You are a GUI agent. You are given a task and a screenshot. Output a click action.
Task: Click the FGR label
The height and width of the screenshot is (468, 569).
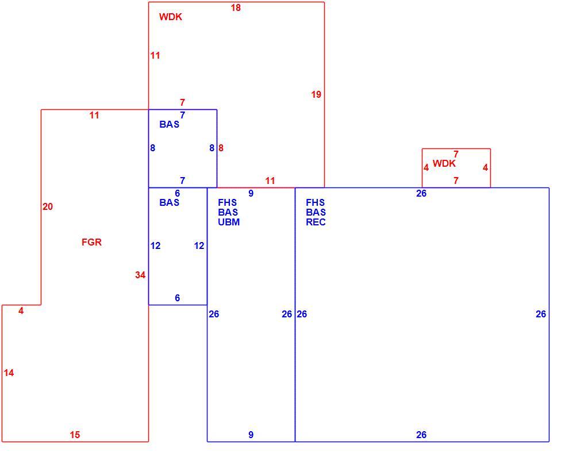coord(91,242)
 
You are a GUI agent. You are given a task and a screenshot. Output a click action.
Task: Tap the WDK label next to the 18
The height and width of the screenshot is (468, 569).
coord(171,17)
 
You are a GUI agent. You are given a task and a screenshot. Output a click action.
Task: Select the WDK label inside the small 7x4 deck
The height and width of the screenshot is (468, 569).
coord(444,163)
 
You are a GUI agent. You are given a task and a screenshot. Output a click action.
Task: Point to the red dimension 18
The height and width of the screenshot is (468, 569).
coord(236,7)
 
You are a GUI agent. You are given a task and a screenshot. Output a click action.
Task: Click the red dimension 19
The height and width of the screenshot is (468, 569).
coord(316,94)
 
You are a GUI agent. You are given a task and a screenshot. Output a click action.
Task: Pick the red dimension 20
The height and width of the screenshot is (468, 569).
coord(48,206)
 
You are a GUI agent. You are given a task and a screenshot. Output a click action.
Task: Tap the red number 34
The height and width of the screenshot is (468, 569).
coord(140,275)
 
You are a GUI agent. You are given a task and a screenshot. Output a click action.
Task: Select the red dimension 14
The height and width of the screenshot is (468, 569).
coord(9,373)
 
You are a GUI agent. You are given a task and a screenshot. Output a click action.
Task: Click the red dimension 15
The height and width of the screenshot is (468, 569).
coord(75,435)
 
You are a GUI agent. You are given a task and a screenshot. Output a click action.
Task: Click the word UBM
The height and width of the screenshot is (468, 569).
coord(229,222)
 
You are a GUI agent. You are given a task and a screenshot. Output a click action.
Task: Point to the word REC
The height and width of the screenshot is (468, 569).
coord(316,222)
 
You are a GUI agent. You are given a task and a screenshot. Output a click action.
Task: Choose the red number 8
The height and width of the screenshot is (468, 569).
coord(221,148)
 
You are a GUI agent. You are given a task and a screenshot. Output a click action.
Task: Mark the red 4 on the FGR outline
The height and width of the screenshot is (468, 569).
coord(21,310)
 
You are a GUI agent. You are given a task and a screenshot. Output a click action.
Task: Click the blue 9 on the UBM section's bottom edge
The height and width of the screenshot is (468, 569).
coord(251,435)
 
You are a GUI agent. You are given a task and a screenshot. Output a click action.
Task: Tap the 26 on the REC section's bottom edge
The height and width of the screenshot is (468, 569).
coord(421,435)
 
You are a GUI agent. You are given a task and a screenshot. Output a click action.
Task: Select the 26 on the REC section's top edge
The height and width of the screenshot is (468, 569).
coord(421,193)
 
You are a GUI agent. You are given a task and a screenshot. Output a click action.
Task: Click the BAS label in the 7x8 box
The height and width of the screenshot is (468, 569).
coord(169,124)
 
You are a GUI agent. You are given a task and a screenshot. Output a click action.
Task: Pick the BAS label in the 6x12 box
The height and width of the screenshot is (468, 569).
coord(169,202)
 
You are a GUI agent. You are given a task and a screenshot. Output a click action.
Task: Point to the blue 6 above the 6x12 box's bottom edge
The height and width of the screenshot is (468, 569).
coord(178,298)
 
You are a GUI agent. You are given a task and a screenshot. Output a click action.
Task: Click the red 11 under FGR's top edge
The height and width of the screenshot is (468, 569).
coord(94,115)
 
